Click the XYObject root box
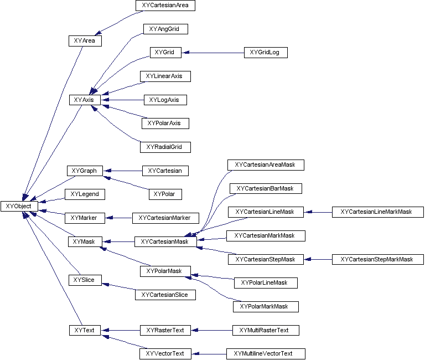pyautogui.click(x=19, y=206)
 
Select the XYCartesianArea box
pyautogui.click(x=165, y=6)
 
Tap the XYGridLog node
pyautogui.click(x=266, y=53)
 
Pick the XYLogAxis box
pyautogui.click(x=165, y=100)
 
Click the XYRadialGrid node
pyautogui.click(x=165, y=147)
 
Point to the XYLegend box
pyautogui.click(x=85, y=194)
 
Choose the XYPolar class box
pyautogui.click(x=165, y=194)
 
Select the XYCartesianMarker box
pyautogui.click(x=165, y=218)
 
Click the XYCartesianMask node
pyautogui.click(x=165, y=241)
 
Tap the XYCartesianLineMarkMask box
pyautogui.click(x=377, y=212)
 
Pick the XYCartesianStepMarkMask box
pyautogui.click(x=377, y=259)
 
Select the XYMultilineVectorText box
pyautogui.click(x=266, y=353)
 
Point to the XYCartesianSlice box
pyautogui.click(x=165, y=295)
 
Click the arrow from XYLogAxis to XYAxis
pyautogui.click(x=122, y=100)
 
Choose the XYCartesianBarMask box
pyautogui.click(x=266, y=188)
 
